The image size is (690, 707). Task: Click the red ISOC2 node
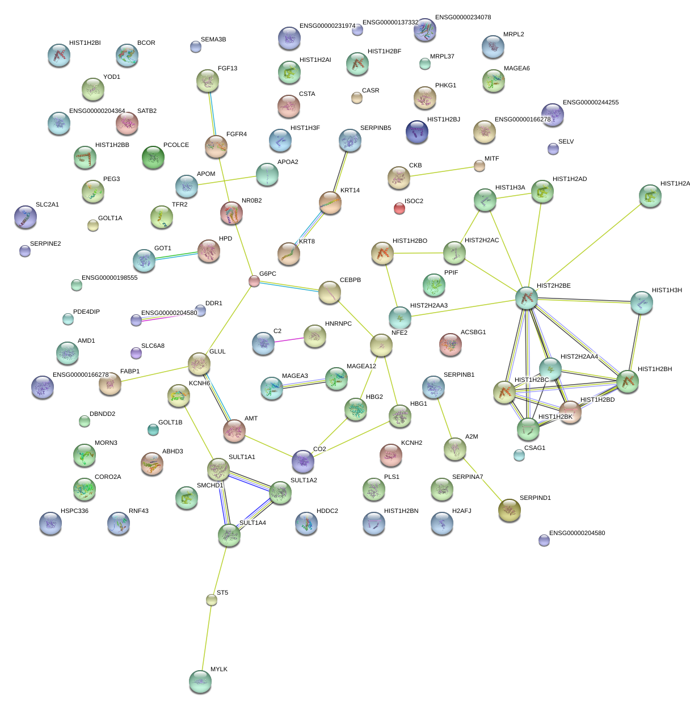pyautogui.click(x=399, y=208)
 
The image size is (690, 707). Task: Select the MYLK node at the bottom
pyautogui.click(x=200, y=681)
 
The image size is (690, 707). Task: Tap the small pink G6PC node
pyautogui.click(x=254, y=281)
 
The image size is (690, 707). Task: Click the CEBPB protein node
pyautogui.click(x=329, y=292)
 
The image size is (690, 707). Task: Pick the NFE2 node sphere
pyautogui.click(x=381, y=344)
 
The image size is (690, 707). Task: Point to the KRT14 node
pyautogui.click(x=330, y=203)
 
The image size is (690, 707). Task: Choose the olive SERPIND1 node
pyautogui.click(x=509, y=510)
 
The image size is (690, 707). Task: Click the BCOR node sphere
pyautogui.click(x=127, y=55)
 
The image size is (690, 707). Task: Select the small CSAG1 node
pyautogui.click(x=519, y=455)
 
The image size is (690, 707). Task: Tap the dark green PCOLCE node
pyautogui.click(x=153, y=157)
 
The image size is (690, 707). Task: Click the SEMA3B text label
pyautogui.click(x=213, y=40)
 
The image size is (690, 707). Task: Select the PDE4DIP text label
pyautogui.click(x=86, y=312)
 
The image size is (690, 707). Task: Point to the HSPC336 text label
pyautogui.click(x=74, y=511)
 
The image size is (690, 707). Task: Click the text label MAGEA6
pyautogui.click(x=516, y=69)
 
